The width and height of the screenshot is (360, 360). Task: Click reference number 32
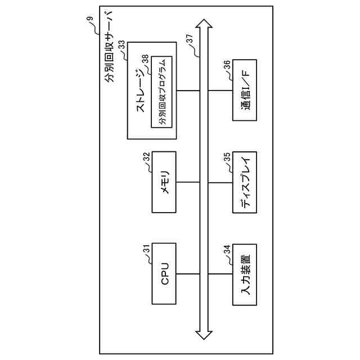click(146, 157)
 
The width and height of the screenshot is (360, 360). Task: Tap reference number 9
click(89, 20)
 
